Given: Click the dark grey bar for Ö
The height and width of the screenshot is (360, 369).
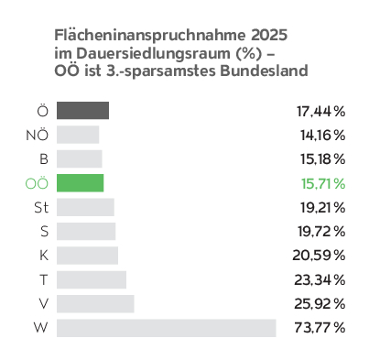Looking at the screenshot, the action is (82, 111).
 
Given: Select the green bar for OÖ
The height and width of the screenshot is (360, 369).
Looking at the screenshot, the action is (81, 183).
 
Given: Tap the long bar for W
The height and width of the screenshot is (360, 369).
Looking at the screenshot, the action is (167, 328).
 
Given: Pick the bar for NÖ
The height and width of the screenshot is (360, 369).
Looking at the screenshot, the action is (78, 135).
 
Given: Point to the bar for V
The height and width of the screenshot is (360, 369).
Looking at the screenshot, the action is (95, 304).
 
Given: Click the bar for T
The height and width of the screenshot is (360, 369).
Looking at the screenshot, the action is (92, 279).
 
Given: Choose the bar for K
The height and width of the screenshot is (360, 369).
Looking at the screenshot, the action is (87, 256).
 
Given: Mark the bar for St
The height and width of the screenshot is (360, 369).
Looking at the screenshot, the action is (85, 207).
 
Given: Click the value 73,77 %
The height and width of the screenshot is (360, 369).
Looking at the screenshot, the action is (320, 328).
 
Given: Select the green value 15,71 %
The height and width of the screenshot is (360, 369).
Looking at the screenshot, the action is (323, 184).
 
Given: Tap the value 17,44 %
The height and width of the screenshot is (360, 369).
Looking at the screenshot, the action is (321, 112).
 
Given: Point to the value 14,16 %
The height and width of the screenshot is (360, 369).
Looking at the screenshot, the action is (323, 136).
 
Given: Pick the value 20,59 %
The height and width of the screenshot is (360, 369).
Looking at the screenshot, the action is (319, 256).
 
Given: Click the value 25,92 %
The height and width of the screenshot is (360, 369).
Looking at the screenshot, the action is (320, 304).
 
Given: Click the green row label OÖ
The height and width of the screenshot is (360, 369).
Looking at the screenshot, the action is (37, 183).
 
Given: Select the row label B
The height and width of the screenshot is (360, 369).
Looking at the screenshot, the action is (44, 159).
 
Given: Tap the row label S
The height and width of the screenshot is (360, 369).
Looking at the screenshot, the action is (45, 232).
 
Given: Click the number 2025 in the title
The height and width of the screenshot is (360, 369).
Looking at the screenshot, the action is (269, 35).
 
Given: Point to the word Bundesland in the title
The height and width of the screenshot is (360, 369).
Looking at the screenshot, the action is (264, 71).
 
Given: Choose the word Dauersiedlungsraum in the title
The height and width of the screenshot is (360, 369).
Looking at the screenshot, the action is (153, 54).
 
